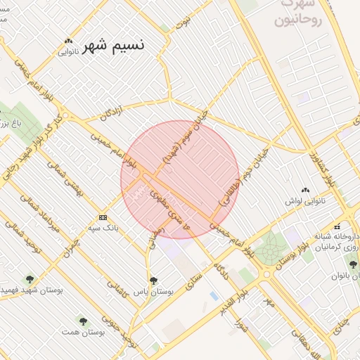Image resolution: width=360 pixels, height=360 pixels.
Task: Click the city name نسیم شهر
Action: [x=112, y=46]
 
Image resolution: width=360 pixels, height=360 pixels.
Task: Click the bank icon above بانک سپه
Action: [x=103, y=217]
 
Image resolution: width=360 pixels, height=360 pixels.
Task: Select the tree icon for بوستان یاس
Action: [x=154, y=281]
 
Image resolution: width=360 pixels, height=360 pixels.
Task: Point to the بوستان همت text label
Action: [x=79, y=331]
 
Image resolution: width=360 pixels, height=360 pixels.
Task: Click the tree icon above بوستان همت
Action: [x=82, y=321]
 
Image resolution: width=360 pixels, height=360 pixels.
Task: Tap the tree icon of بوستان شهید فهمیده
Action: [x=29, y=279]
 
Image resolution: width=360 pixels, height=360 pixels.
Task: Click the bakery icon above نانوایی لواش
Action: [x=305, y=191]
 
